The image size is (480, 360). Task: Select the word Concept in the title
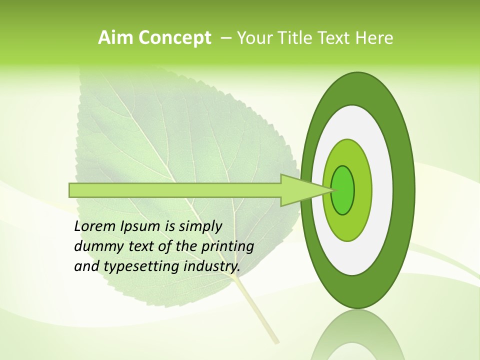(175, 38)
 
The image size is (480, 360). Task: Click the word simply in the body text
(199, 226)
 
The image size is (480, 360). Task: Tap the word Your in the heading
(254, 37)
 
